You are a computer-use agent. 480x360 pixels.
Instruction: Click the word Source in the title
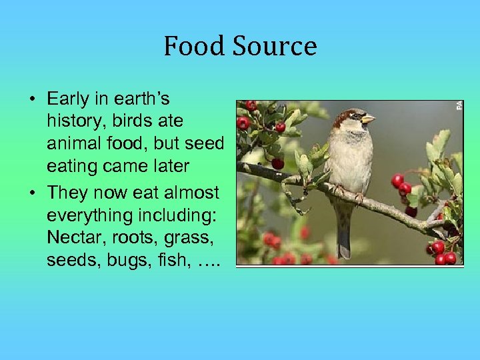point(275,47)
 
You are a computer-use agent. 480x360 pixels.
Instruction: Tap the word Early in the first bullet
point(68,99)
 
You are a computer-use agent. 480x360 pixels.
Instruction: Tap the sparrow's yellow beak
point(367,119)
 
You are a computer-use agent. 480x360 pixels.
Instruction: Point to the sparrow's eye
point(355,116)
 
